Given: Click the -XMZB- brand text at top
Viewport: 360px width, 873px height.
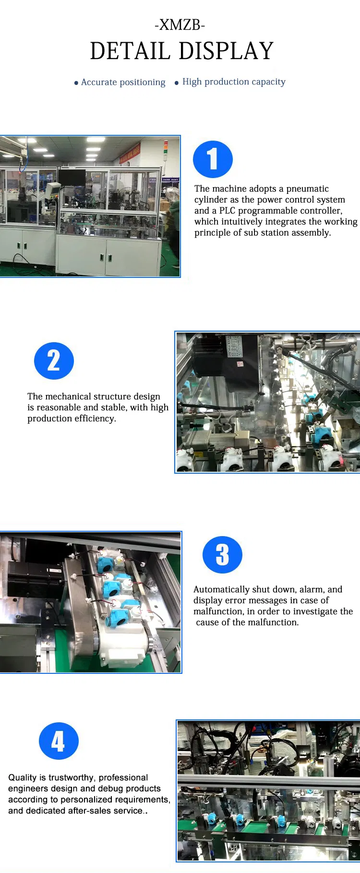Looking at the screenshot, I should click(180, 25).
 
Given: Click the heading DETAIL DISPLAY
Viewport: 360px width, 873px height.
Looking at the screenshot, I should click(181, 51).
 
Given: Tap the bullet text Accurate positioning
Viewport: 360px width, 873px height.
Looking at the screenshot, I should click(123, 82).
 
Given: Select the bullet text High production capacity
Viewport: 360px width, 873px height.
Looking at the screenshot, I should click(233, 82).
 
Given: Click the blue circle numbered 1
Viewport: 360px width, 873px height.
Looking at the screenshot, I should click(213, 159).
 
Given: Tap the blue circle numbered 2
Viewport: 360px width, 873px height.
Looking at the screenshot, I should click(54, 361).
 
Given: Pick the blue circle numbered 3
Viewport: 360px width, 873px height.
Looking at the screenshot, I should click(222, 555).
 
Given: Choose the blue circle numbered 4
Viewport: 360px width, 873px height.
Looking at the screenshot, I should click(59, 741).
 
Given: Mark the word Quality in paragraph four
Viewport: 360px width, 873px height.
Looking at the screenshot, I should click(22, 777).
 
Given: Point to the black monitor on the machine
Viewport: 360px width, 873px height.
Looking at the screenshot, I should click(72, 177).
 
